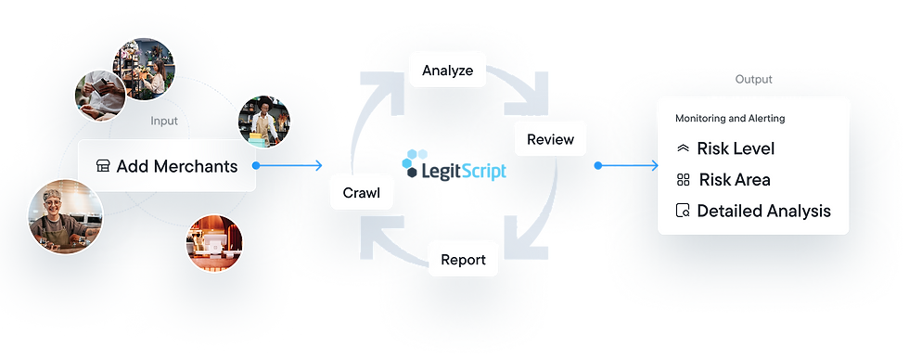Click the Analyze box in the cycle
(448, 70)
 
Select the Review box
(551, 140)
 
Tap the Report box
(463, 259)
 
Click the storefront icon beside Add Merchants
(103, 166)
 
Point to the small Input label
(164, 121)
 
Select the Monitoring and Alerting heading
(729, 119)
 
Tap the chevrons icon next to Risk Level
(683, 148)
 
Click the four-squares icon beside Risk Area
(683, 180)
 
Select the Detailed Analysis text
(763, 211)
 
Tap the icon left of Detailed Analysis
(683, 212)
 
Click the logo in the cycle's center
(455, 171)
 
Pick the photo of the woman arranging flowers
(144, 68)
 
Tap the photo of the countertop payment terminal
(214, 242)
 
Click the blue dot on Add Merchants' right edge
(255, 166)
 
